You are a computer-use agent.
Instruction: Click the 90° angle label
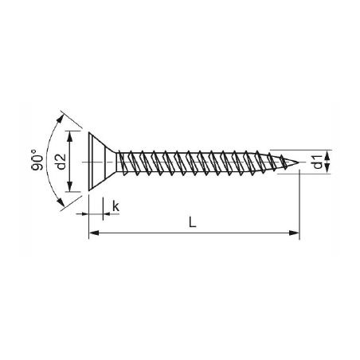37,160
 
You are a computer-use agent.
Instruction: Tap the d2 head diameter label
61,162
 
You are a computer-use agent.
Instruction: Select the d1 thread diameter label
318,162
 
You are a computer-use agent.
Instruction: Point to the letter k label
116,206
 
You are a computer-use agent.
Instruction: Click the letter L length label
192,222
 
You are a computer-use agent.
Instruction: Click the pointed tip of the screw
299,162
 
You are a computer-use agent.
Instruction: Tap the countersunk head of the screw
102,162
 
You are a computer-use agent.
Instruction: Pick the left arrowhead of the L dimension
94,233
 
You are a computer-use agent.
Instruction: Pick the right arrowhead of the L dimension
294,233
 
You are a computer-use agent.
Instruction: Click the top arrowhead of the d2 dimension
70,136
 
